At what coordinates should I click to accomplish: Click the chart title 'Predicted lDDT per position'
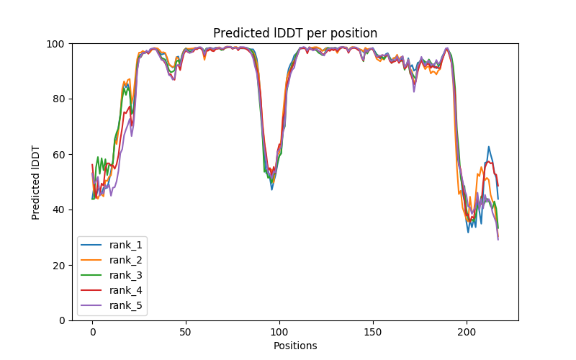295,33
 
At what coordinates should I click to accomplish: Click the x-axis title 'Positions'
295,346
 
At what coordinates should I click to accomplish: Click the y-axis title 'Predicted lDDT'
36,182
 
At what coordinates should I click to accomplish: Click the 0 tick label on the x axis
92,332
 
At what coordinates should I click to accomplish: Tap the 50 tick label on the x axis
186,332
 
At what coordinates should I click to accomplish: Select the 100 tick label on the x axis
279,332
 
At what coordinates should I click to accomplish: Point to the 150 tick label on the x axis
373,332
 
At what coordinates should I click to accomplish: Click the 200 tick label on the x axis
467,332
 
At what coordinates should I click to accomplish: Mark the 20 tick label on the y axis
58,265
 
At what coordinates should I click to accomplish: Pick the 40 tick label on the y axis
58,210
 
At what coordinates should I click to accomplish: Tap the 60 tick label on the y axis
58,154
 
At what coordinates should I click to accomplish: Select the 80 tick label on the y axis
58,99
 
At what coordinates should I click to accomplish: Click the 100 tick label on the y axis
56,43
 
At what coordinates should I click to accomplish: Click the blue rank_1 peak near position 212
489,147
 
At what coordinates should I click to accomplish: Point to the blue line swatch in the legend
92,246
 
